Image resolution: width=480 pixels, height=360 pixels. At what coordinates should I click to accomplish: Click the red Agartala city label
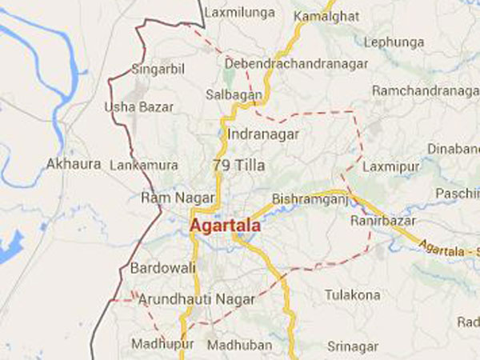tap(226, 226)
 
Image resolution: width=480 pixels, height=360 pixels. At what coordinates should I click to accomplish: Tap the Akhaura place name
tap(74, 164)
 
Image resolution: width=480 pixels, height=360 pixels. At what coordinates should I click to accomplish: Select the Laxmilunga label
tap(240, 13)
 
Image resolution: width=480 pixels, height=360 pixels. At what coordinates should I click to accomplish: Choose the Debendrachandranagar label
tap(296, 62)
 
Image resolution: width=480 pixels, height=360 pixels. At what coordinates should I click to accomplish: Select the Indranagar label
tap(261, 134)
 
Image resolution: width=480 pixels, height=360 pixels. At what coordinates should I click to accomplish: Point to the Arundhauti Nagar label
tap(196, 298)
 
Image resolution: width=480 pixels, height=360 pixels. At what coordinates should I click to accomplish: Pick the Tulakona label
tap(351, 295)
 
